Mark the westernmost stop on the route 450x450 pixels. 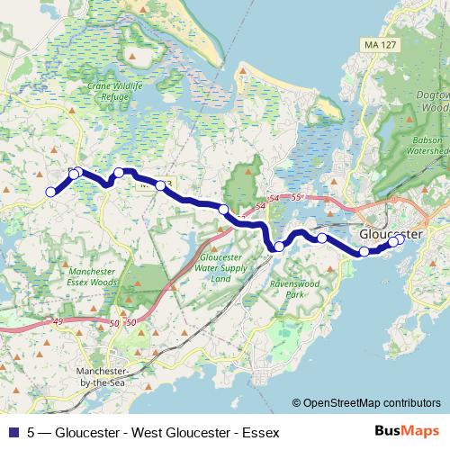click(51, 191)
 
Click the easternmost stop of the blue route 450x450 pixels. click(399, 239)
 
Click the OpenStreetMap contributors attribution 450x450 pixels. click(366, 403)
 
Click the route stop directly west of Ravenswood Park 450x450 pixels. click(279, 247)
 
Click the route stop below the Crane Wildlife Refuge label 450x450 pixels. click(119, 173)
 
